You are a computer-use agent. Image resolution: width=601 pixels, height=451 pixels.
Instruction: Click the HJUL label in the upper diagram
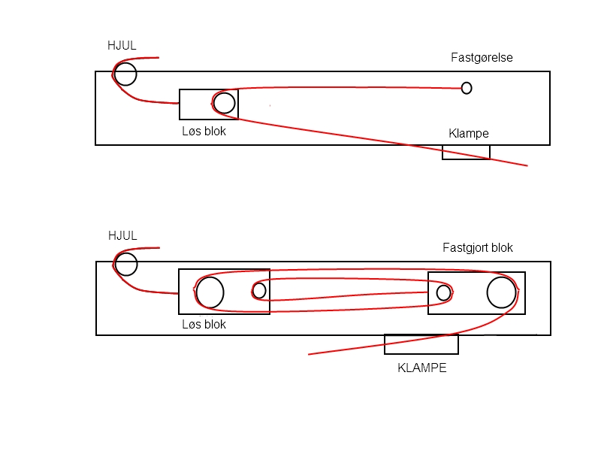(122, 46)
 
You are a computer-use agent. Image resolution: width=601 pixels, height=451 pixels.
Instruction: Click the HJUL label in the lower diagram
(122, 236)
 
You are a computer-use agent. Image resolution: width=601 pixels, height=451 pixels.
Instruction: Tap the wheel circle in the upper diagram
(125, 74)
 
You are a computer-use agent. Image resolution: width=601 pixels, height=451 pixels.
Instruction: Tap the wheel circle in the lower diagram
(125, 264)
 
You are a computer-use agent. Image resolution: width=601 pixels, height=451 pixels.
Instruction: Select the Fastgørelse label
(482, 57)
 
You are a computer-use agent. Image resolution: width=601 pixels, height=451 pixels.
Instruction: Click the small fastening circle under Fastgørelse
(467, 88)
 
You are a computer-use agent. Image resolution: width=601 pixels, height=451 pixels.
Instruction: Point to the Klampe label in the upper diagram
(469, 134)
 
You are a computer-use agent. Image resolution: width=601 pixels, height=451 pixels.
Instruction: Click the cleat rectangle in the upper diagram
(466, 152)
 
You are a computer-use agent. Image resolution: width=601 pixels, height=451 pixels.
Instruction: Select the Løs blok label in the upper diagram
(204, 131)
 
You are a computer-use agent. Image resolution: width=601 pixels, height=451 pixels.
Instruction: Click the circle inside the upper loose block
(224, 102)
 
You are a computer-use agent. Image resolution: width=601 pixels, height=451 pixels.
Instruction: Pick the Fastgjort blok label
(478, 247)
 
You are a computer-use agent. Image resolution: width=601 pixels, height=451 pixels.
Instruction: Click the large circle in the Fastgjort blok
(500, 292)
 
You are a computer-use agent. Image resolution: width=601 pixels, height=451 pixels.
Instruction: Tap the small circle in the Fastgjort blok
(443, 292)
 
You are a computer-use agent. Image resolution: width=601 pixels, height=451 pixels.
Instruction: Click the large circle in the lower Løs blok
(210, 292)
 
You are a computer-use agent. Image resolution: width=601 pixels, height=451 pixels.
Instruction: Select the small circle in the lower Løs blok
(259, 290)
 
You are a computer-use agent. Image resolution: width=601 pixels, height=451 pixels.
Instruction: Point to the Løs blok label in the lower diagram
(204, 325)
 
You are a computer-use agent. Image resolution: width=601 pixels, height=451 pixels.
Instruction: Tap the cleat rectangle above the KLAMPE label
(421, 344)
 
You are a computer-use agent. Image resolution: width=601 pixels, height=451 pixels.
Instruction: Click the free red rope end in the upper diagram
(527, 165)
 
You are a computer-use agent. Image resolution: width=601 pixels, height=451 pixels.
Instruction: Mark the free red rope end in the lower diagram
(310, 354)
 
